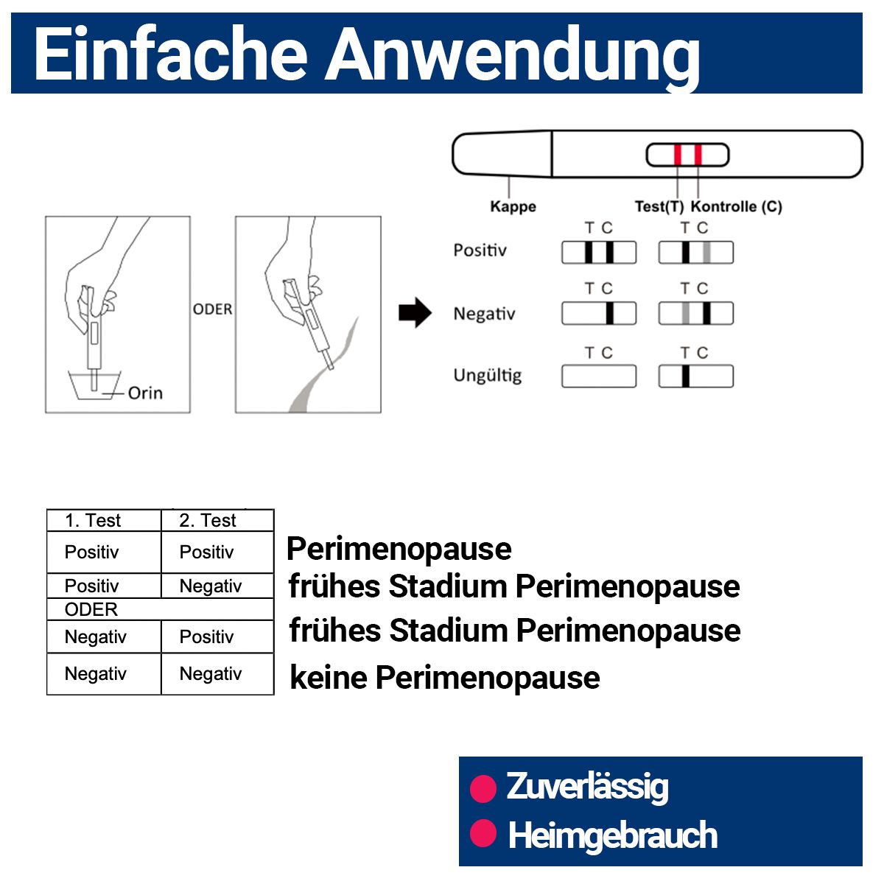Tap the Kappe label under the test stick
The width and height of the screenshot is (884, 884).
[513, 207]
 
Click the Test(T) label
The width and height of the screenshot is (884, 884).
[659, 207]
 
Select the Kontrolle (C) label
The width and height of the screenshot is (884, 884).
[736, 207]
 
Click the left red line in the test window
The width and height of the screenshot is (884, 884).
[678, 155]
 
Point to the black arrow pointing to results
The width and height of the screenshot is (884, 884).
[415, 313]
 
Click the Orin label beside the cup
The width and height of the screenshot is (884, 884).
[145, 393]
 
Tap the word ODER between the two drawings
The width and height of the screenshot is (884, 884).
[212, 309]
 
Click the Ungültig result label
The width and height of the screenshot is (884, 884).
[487, 376]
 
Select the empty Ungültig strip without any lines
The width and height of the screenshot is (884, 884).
[598, 376]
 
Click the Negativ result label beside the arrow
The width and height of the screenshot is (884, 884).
[484, 314]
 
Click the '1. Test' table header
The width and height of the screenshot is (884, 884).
[93, 521]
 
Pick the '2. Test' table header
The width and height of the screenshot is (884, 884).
[208, 521]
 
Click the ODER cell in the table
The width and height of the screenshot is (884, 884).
[91, 609]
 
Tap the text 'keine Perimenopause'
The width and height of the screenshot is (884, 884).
[444, 678]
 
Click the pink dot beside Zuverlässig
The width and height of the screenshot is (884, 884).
[483, 788]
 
